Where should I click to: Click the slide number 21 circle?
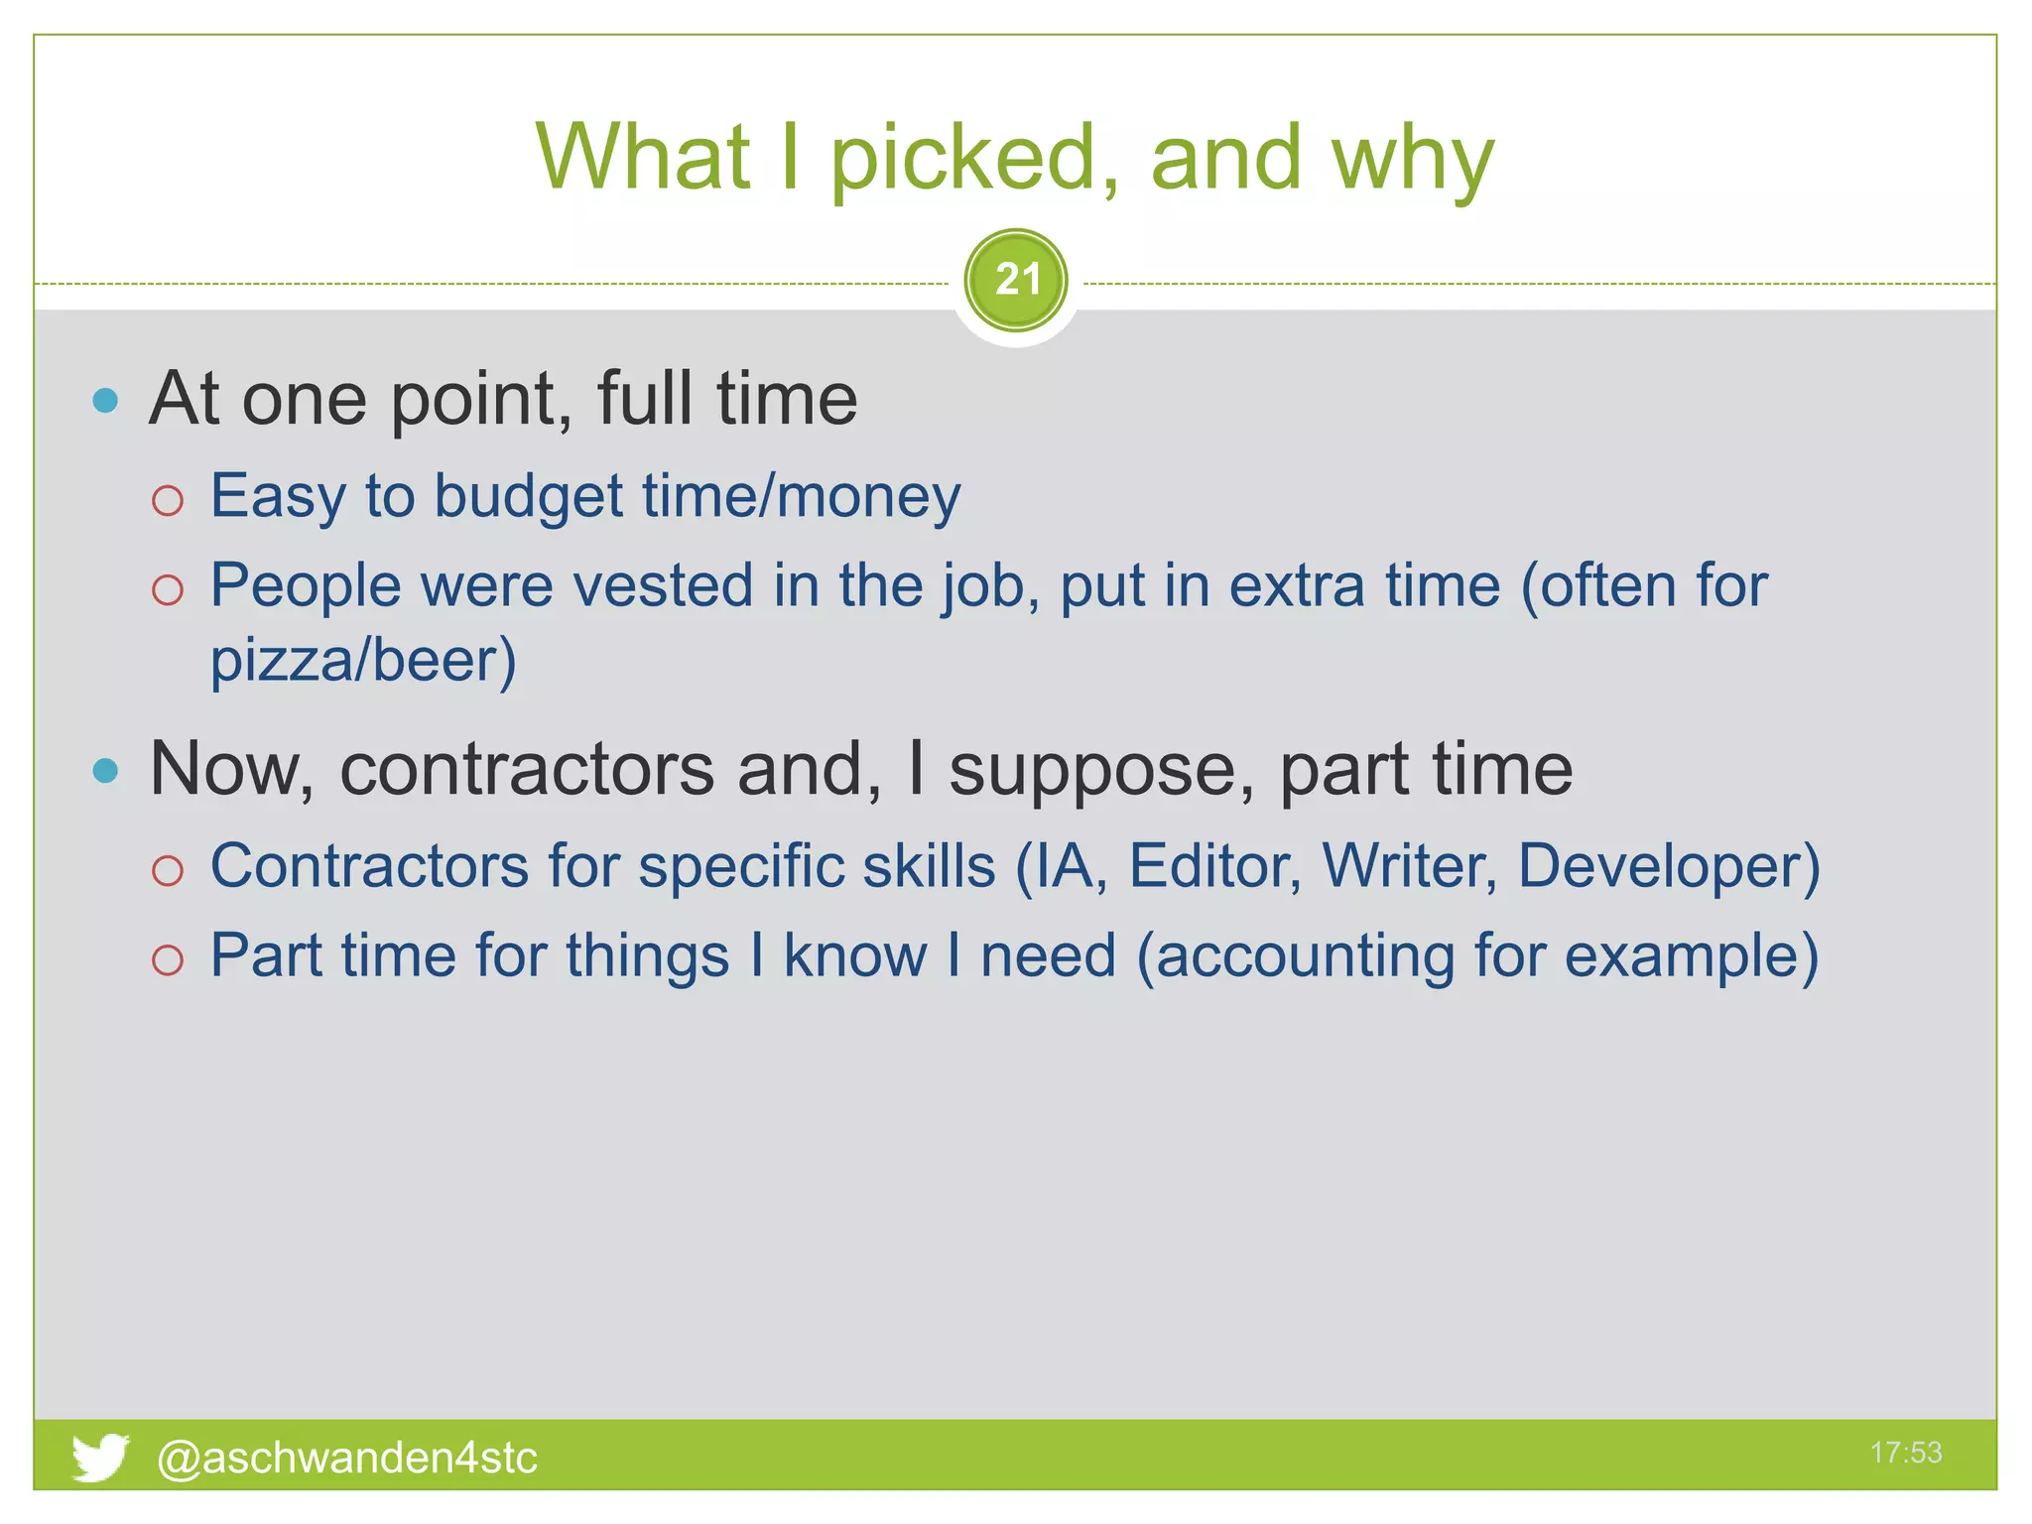[1016, 280]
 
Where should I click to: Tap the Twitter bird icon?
[100, 1457]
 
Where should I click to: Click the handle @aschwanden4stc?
[347, 1458]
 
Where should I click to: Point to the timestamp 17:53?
[1905, 1453]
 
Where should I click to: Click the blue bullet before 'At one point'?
[105, 401]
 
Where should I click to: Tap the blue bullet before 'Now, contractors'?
[105, 770]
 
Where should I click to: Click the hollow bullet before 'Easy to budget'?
[168, 500]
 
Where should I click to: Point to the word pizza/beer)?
[363, 661]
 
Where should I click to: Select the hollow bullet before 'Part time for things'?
[168, 959]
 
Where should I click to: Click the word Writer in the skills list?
[1409, 866]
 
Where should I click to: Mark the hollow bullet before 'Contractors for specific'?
[168, 870]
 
